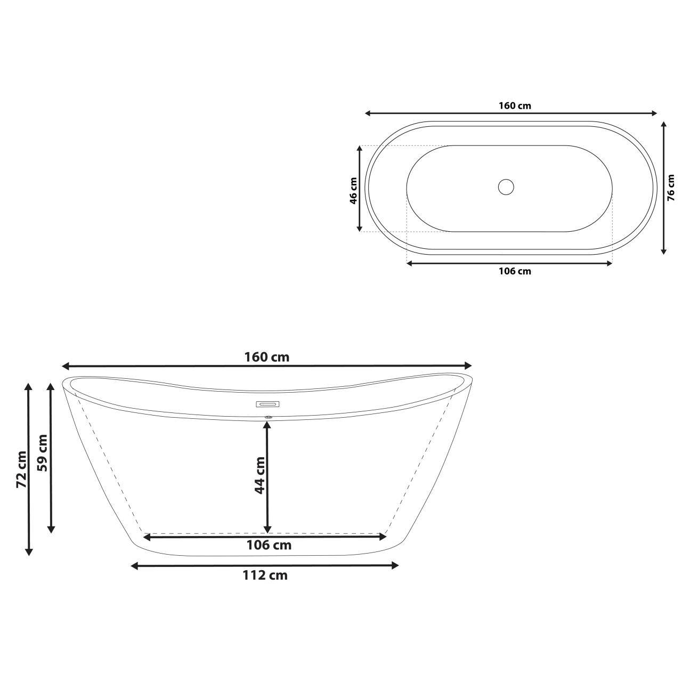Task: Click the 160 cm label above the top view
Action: pos(515,105)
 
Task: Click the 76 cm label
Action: pos(671,188)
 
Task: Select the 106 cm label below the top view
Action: pos(515,271)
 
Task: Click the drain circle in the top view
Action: pos(506,187)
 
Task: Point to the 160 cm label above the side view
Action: pos(267,356)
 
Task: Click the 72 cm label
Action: pos(21,469)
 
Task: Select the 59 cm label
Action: pos(43,453)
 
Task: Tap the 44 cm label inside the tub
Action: pos(259,475)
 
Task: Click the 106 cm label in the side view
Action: pos(269,545)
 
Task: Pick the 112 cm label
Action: pos(265,575)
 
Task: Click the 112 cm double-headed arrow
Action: pos(330,566)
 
